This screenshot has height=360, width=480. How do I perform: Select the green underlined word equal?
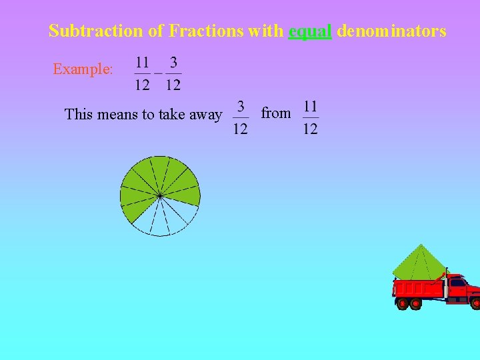310,31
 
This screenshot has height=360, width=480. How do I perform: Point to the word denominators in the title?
392,31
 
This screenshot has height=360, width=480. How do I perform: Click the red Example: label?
83,69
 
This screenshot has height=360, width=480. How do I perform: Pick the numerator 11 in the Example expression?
142,63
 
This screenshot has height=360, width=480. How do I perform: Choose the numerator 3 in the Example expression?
173,63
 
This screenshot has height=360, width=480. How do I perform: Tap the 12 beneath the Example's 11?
142,85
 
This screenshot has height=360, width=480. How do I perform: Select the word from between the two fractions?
275,113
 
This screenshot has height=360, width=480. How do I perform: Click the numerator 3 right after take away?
241,107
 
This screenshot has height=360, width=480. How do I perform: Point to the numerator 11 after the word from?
310,107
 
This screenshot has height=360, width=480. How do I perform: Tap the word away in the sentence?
205,115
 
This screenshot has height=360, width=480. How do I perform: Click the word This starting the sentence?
79,114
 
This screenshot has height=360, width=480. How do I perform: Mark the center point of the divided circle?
160,195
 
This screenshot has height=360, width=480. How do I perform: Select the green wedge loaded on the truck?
419,264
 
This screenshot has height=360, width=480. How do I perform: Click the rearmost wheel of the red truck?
403,304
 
